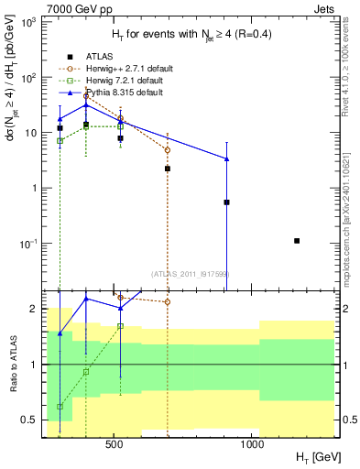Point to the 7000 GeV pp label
(74, 8)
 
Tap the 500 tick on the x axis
(115, 443)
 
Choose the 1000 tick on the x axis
(252, 443)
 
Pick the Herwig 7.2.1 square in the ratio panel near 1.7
(120, 326)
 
